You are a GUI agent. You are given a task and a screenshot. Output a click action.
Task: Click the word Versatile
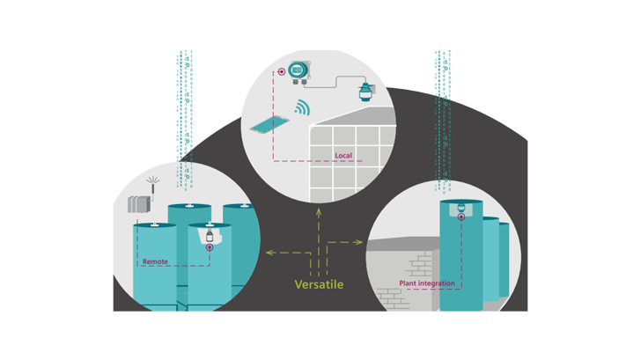319,284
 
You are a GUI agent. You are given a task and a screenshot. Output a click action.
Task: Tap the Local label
343,156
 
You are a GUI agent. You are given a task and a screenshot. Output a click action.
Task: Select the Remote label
155,261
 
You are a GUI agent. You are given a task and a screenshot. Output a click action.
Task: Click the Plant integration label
427,283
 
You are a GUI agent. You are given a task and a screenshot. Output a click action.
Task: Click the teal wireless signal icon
302,108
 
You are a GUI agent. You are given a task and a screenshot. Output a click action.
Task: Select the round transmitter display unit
298,70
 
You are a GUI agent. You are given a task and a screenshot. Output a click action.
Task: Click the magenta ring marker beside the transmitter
281,71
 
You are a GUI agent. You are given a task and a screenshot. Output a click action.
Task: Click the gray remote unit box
139,204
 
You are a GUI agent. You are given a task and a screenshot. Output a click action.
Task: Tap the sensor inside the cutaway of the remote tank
210,236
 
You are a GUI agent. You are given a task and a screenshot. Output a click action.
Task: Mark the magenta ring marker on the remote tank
210,248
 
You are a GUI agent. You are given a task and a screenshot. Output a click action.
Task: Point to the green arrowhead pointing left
269,253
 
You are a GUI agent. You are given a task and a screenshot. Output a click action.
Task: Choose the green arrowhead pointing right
358,242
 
